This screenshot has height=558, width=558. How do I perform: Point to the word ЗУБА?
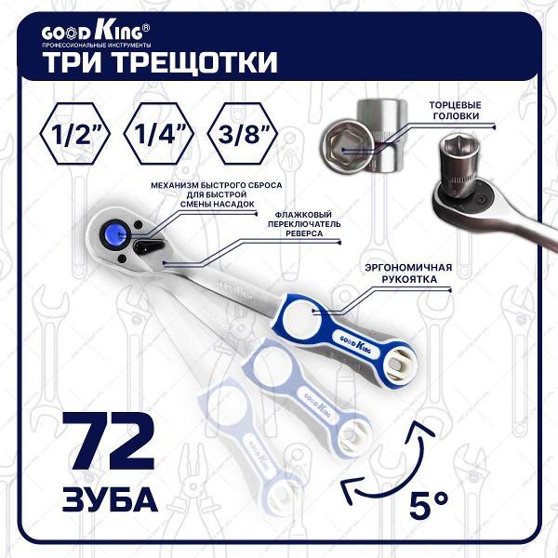104,498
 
